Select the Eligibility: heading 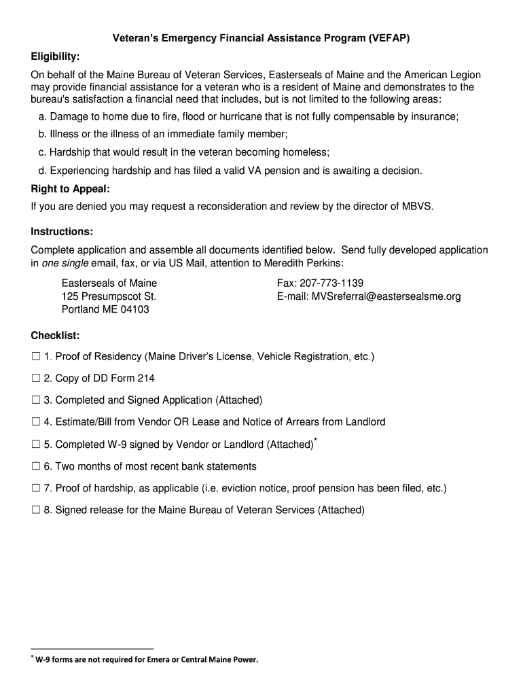pos(55,56)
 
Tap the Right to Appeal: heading pos(70,188)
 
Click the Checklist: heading pos(55,335)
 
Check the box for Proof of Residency pos(35,356)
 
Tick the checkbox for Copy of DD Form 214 pos(35,378)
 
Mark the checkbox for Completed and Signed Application pos(35,400)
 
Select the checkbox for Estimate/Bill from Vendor pos(35,422)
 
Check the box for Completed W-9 pos(35,445)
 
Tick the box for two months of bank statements pos(35,466)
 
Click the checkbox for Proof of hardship pos(35,488)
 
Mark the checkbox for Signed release pos(35,510)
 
